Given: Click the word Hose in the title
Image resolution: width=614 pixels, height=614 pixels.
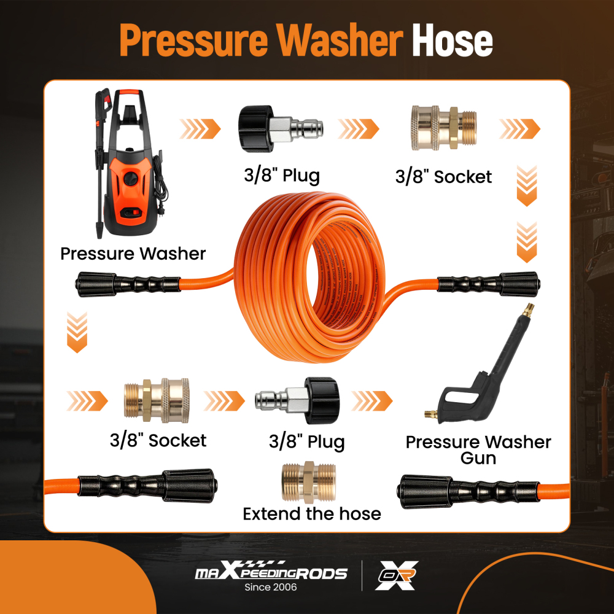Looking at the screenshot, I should click(452, 41).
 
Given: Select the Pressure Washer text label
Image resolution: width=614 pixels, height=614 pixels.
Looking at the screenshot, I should click(133, 253).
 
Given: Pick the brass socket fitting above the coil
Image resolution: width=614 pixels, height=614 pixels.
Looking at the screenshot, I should click(443, 130).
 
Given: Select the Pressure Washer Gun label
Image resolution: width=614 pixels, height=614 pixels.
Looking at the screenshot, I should click(478, 449).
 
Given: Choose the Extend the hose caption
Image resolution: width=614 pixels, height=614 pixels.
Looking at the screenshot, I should click(312, 513).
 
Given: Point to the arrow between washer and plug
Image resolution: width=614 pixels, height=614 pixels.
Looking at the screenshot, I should click(200, 129).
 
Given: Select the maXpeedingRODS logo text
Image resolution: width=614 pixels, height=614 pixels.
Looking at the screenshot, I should click(271, 573).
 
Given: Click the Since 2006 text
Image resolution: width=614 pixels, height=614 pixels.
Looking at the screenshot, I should click(270, 588).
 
